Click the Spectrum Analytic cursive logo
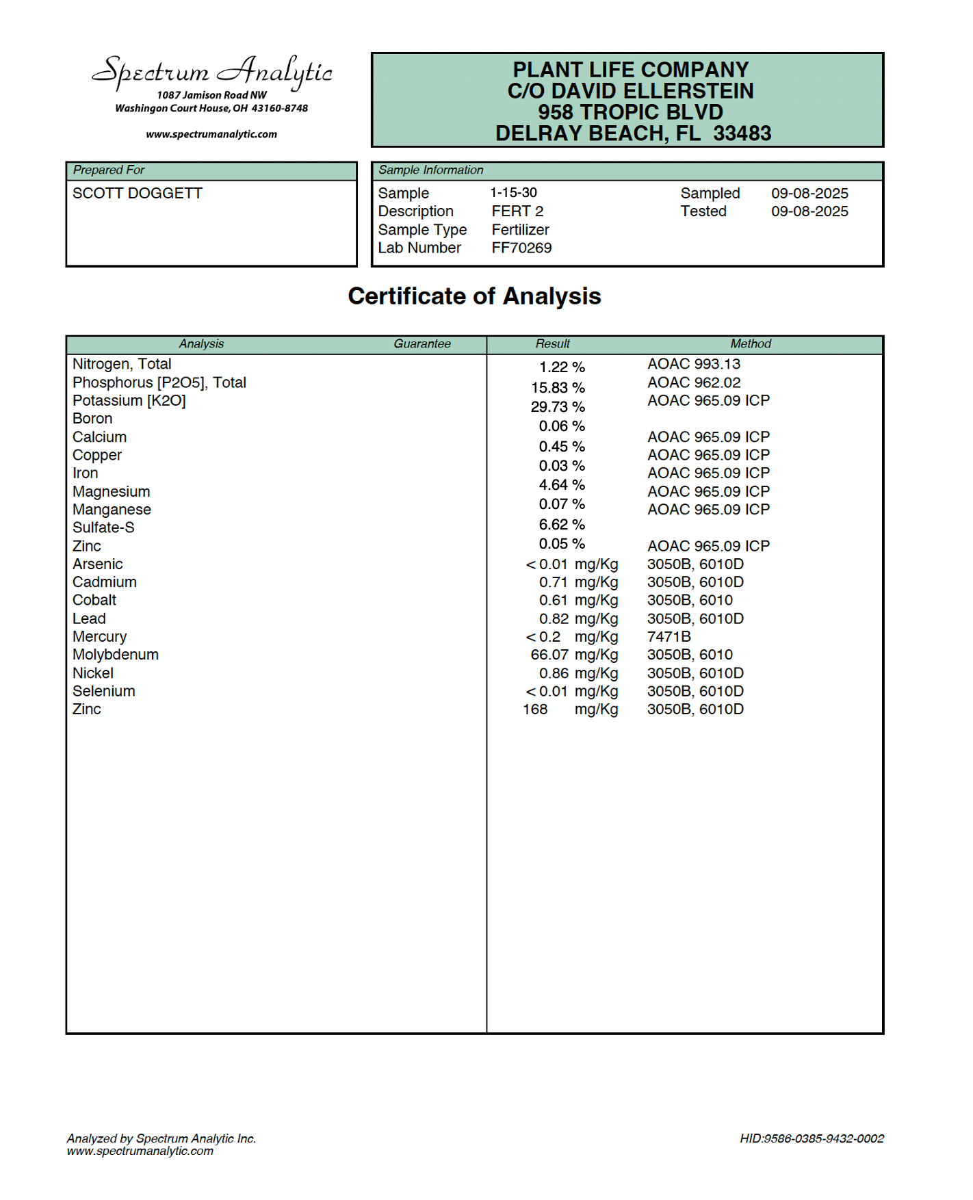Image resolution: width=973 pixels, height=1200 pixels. [212, 72]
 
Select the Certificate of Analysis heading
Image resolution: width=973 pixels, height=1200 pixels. [474, 296]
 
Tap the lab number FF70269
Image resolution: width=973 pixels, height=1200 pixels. [521, 248]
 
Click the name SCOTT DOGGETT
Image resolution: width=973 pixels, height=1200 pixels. [138, 194]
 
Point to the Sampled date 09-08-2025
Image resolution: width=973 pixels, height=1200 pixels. [809, 194]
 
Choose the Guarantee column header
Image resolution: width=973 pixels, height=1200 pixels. [421, 344]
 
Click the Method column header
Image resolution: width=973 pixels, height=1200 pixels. [750, 344]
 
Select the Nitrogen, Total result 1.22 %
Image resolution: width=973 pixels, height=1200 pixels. [562, 368]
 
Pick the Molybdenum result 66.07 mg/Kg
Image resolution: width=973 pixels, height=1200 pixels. [574, 655]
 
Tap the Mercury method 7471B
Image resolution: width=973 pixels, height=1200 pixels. [669, 637]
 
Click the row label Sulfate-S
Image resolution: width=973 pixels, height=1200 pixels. [103, 528]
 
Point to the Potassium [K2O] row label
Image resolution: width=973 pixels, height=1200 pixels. [129, 401]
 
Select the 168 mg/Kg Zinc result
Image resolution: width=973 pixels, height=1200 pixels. [570, 709]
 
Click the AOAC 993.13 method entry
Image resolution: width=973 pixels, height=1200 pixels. [694, 365]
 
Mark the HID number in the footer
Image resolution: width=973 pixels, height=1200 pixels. [812, 1138]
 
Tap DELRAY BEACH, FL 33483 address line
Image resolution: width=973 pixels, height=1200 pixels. [633, 133]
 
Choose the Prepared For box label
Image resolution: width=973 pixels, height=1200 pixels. [109, 170]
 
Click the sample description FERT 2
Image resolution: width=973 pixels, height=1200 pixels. [517, 211]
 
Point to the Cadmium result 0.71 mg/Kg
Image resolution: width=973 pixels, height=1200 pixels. [578, 583]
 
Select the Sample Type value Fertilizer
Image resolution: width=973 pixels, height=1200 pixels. [520, 230]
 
